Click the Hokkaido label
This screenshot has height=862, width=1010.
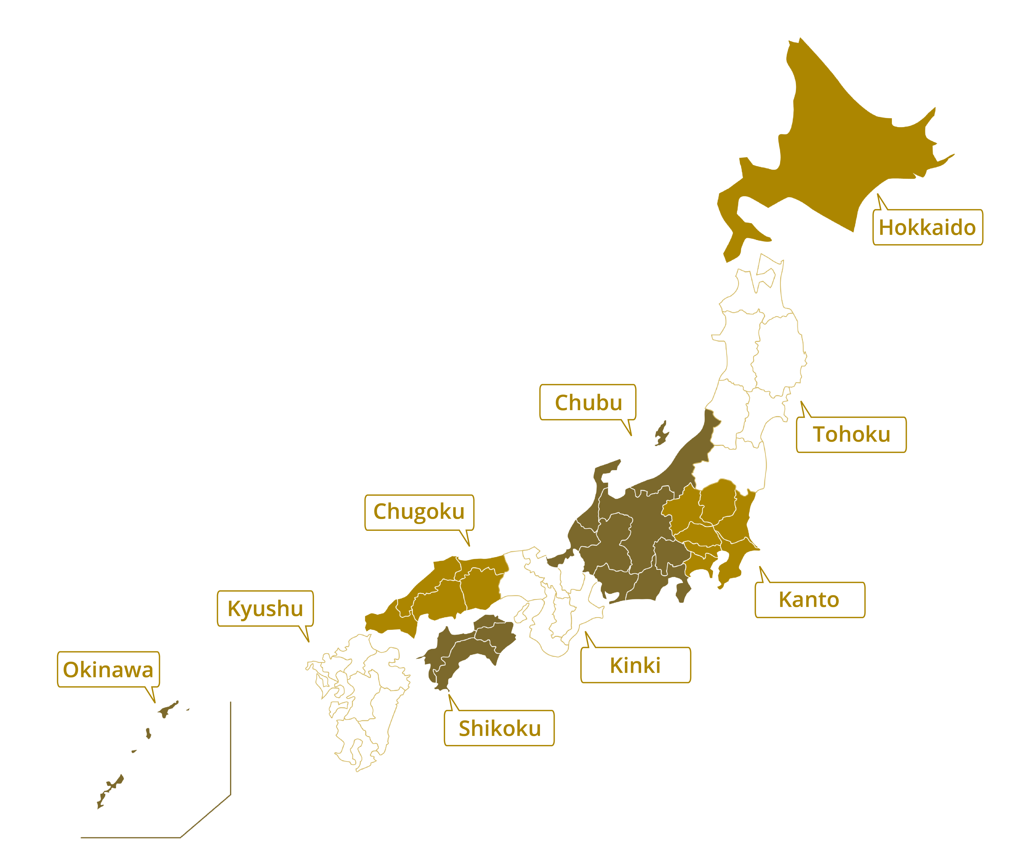[x=927, y=227]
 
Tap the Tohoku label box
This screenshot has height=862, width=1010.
[x=851, y=434]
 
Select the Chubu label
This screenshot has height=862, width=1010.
[x=588, y=402]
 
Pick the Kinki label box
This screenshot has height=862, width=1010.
[x=635, y=665]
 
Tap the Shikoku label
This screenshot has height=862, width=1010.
[x=499, y=728]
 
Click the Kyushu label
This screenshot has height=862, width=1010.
[x=265, y=608]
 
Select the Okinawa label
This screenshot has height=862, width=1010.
[x=108, y=669]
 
